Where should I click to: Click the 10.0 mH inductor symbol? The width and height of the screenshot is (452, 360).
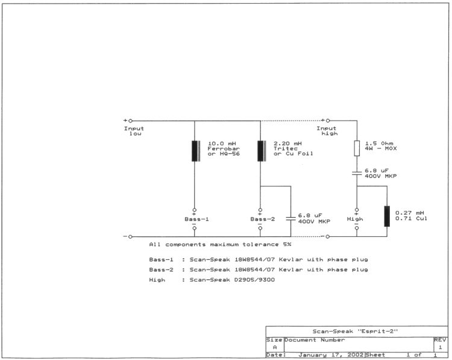195,151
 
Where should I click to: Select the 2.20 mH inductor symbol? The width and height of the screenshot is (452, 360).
262,151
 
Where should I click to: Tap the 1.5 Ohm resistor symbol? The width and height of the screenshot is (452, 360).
357,148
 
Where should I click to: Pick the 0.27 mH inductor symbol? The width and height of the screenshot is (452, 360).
387,216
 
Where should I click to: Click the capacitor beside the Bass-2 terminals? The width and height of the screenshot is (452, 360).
290,218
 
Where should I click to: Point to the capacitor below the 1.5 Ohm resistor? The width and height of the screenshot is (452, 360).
357,173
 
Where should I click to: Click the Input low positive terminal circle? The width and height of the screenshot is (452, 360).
130,121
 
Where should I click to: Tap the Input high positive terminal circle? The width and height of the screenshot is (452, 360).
328,121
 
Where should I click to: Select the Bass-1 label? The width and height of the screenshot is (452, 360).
196,219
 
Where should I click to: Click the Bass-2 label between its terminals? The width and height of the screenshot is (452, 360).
263,219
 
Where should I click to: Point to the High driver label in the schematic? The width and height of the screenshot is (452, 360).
355,219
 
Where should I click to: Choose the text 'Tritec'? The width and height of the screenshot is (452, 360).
286,148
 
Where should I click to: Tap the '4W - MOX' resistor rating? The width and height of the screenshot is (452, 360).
380,148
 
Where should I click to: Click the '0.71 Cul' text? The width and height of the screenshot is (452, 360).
411,218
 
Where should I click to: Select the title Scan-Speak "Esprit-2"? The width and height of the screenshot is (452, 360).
355,331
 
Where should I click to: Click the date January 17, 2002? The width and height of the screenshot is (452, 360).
331,355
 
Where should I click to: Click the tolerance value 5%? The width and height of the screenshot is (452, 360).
287,244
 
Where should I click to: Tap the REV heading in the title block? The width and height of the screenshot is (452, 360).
440,340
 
